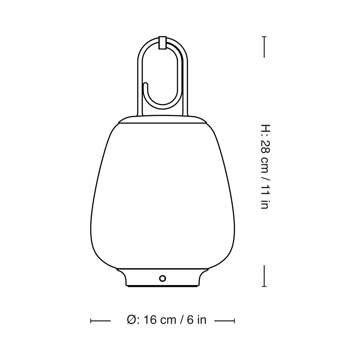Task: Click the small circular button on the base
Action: [x=162, y=278]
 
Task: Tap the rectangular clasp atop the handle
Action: [x=162, y=42]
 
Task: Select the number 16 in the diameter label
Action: [x=151, y=320]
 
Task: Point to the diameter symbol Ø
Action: [x=131, y=320]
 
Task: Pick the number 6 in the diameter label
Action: [x=190, y=320]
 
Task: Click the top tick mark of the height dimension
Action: [x=264, y=47]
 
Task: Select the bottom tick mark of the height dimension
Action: [x=264, y=276]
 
